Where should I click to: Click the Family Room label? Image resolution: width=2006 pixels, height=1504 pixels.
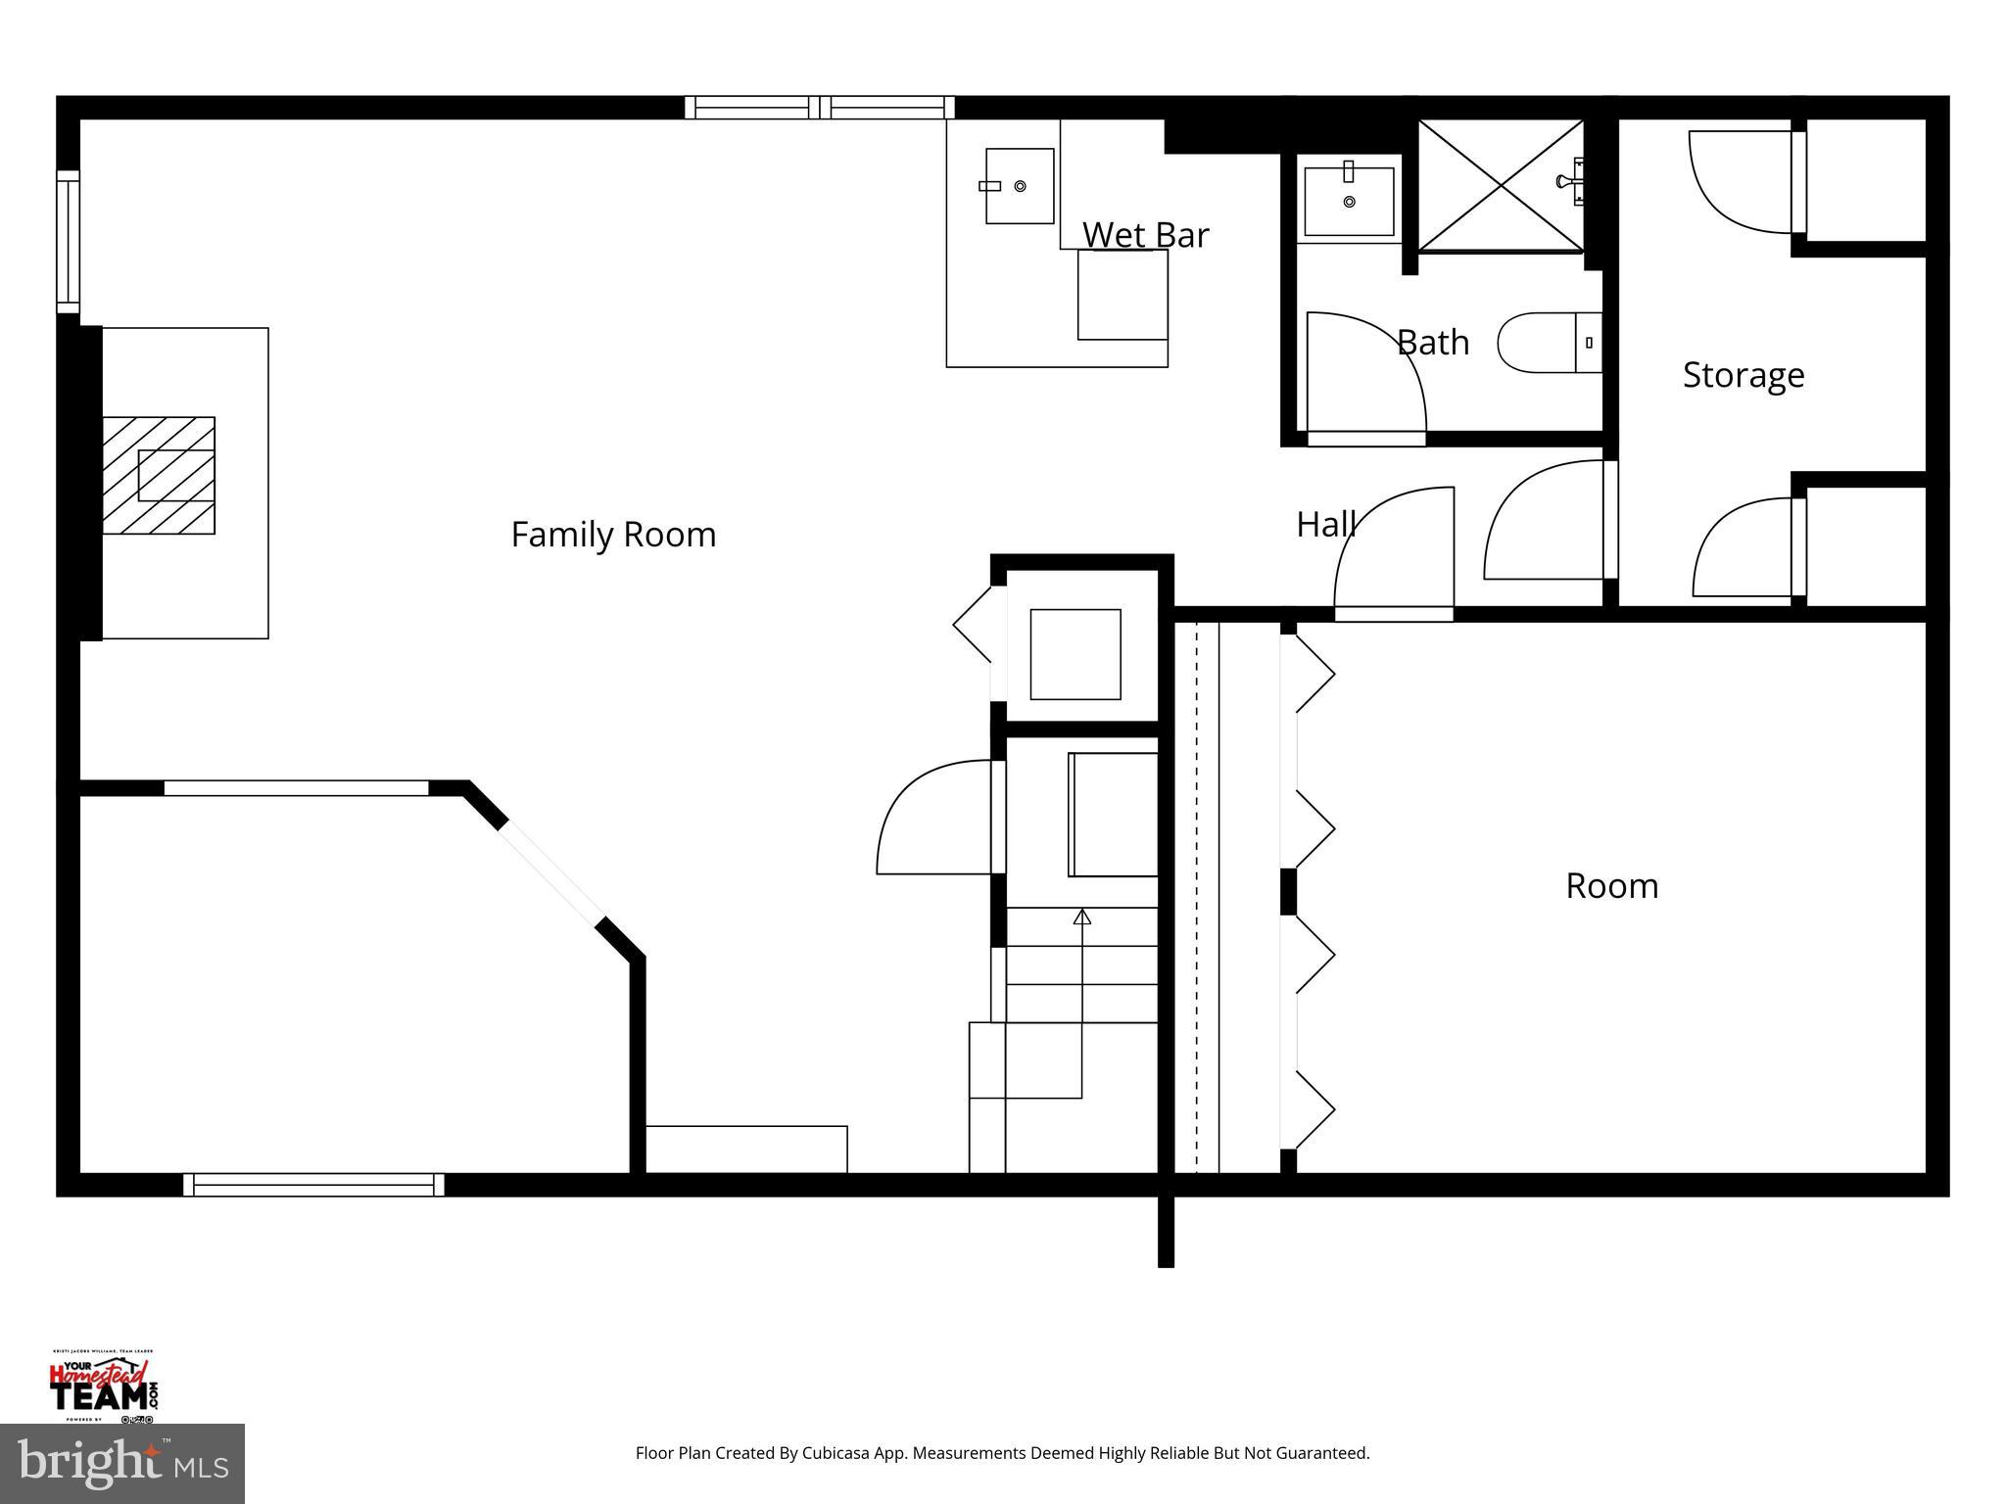(x=613, y=535)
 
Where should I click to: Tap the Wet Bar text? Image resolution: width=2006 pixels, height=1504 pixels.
(x=1145, y=235)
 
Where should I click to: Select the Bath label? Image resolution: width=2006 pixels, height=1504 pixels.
(x=1432, y=343)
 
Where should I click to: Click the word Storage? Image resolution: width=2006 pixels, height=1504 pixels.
(x=1743, y=375)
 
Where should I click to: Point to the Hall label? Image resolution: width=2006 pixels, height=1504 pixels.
(x=1325, y=525)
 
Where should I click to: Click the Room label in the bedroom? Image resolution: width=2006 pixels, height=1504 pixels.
(x=1611, y=886)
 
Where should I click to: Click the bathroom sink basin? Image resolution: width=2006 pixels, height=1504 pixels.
(x=1349, y=201)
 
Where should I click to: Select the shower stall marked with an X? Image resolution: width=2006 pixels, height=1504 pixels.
(x=1500, y=185)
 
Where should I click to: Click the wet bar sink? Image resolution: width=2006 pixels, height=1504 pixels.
(x=1019, y=186)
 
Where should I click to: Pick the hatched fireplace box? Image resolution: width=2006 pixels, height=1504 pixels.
(x=159, y=476)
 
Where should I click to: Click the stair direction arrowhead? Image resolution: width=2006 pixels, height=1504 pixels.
(x=1081, y=916)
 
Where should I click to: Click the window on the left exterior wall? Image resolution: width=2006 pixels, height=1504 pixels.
(x=68, y=241)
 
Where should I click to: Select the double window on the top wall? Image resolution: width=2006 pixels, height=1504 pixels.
(x=819, y=107)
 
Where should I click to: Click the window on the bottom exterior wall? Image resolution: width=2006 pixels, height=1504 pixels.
(x=313, y=1185)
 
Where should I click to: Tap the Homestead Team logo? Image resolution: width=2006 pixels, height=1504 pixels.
(x=103, y=1386)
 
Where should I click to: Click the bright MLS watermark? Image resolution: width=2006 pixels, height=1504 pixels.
(x=121, y=1464)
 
